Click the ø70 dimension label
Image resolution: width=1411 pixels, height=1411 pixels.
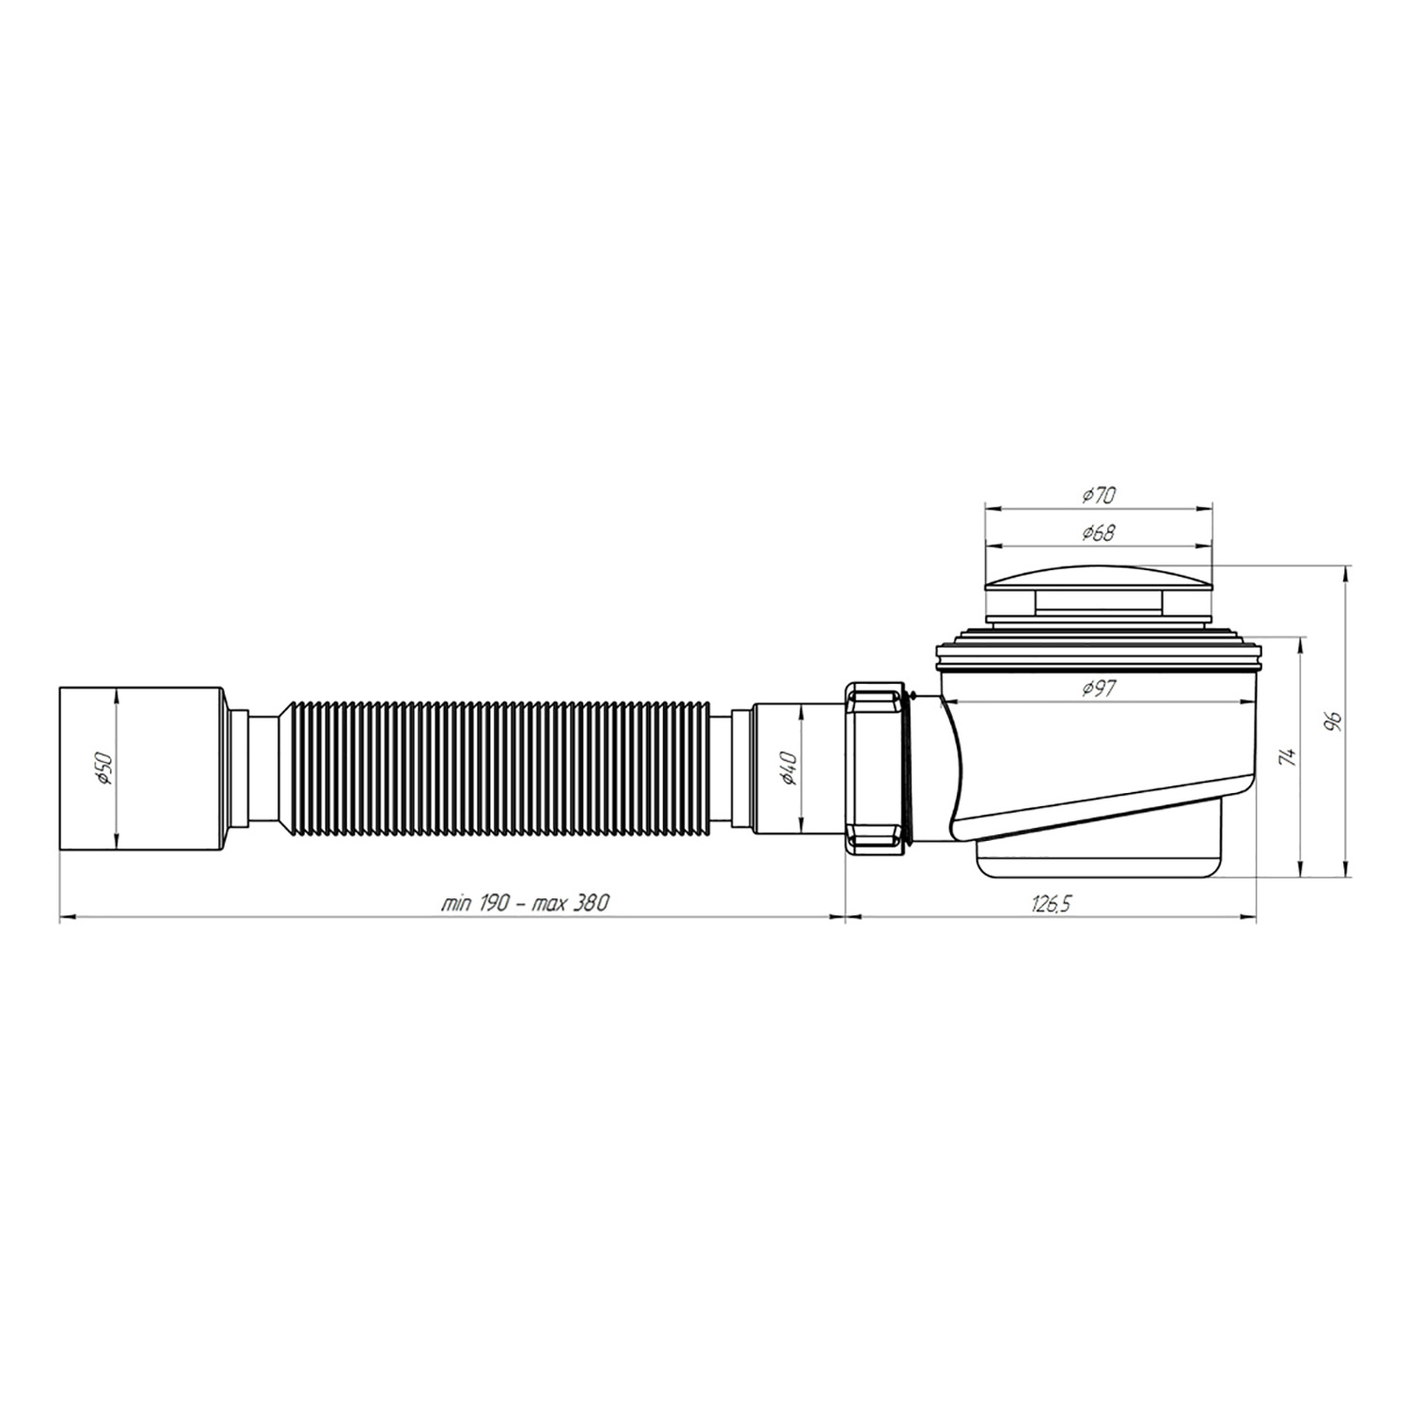click(x=1098, y=494)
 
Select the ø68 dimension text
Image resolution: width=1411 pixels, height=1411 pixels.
click(x=1098, y=532)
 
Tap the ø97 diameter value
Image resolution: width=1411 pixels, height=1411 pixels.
click(x=1098, y=690)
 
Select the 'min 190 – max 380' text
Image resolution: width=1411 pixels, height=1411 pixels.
click(x=526, y=903)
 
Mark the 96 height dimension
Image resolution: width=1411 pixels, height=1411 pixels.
click(x=1332, y=722)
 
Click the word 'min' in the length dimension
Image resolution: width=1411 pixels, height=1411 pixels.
click(x=456, y=903)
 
